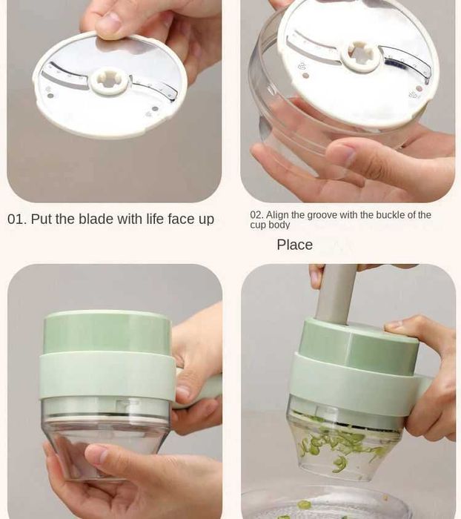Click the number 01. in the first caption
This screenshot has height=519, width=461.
click(x=17, y=219)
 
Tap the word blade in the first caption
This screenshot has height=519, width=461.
click(x=96, y=219)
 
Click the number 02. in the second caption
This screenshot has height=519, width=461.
click(x=256, y=215)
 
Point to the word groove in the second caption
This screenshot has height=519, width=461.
click(x=327, y=215)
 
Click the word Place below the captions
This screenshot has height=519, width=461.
click(x=294, y=245)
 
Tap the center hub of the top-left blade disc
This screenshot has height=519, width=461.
click(x=110, y=79)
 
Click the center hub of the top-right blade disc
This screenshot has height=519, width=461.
click(x=361, y=53)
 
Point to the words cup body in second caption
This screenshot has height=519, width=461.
click(x=270, y=225)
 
